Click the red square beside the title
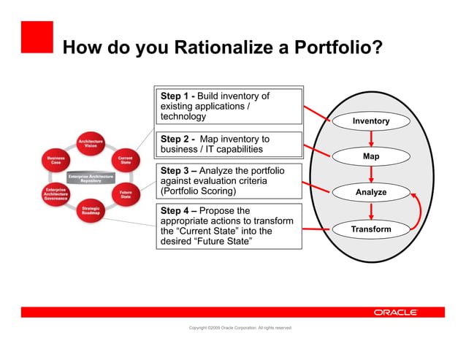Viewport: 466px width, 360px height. (37, 37)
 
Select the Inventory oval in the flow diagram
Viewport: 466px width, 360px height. (371, 120)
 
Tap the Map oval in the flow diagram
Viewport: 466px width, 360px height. (371, 156)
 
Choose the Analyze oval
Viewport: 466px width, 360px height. (371, 193)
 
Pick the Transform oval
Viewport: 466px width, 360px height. (371, 229)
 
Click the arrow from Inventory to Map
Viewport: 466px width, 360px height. (371, 139)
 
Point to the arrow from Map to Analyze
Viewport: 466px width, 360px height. (371, 175)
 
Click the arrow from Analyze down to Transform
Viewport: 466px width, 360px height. (371, 211)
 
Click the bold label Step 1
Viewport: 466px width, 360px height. (175, 96)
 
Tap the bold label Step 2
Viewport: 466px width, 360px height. (175, 139)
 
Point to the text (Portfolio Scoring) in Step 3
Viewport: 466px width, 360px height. (198, 191)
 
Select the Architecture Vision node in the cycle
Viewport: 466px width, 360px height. (91, 143)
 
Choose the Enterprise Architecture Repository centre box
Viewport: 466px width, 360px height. (90, 177)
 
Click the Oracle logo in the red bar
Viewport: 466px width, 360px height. (395, 313)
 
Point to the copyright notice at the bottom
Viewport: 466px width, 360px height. (240, 328)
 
